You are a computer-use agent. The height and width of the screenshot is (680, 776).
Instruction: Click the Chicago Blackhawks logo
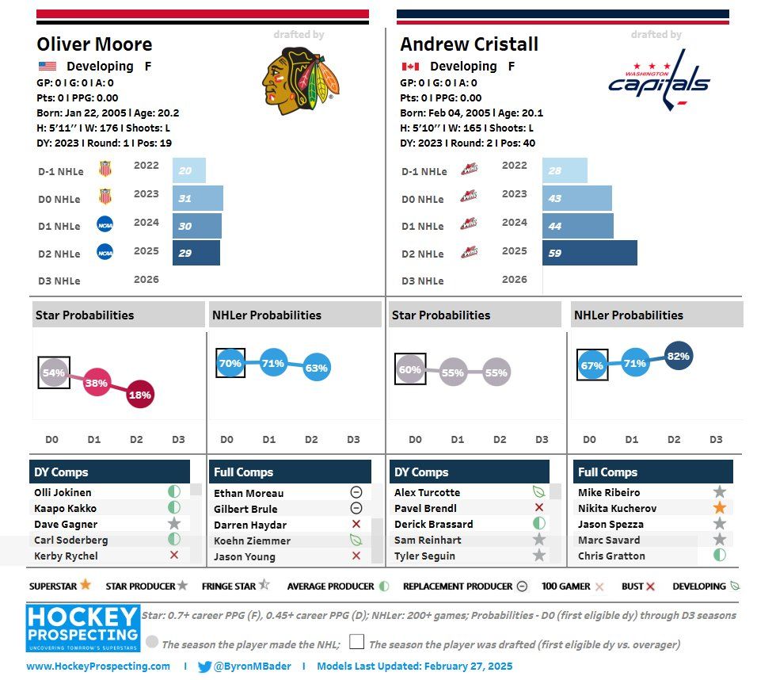coord(301,80)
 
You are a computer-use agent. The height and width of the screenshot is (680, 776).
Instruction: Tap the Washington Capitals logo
coord(659,79)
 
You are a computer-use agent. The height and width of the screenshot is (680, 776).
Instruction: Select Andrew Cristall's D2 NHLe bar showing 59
coord(589,253)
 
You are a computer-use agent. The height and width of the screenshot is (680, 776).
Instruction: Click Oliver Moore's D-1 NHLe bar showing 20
coord(188,170)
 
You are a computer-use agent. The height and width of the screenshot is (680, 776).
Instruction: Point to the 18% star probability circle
coord(139,395)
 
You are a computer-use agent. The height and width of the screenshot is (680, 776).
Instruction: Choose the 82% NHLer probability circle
coord(678,357)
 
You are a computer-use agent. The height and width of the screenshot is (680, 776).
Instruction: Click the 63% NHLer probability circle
coord(315,368)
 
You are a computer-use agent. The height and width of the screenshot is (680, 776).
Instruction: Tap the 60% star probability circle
coord(409,369)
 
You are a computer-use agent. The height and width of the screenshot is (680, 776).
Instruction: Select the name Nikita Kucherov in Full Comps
coord(617,508)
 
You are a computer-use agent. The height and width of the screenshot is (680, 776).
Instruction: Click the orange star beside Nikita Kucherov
coord(719,508)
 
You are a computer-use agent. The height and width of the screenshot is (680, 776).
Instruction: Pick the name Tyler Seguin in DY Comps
coord(424,556)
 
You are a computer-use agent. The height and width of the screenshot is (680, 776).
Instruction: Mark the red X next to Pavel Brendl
coord(539,508)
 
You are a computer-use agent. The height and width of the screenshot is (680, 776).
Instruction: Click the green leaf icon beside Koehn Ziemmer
coord(356,540)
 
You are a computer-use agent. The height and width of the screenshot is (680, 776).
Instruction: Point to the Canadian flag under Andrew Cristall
coord(410,67)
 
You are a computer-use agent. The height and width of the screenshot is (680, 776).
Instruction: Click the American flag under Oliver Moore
coord(48,67)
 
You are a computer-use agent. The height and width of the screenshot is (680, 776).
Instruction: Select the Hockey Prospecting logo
coord(82,628)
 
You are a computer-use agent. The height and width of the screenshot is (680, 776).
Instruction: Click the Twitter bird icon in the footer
coord(205,667)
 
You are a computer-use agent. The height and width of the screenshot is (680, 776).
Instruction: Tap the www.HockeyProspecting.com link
coord(98,667)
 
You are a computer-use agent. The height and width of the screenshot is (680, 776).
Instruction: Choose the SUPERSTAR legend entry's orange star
coord(85,586)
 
